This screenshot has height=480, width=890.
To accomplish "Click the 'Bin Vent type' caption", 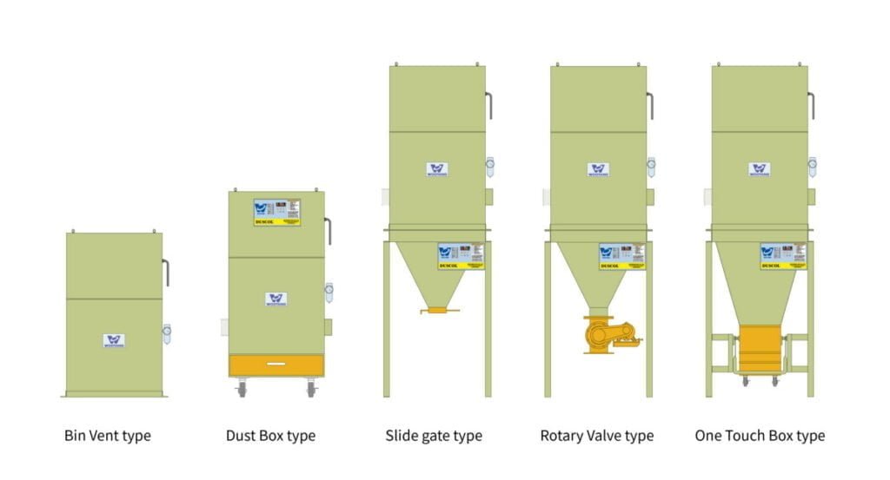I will [x=107, y=435].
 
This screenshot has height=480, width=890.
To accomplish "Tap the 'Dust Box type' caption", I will [x=270, y=435].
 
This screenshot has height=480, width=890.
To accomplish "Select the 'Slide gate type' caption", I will [x=434, y=435].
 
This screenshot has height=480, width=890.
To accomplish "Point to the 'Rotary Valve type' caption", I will [x=596, y=435].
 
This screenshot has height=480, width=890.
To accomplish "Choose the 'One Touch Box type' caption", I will [x=760, y=435].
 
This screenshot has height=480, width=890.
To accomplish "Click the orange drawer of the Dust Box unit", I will [x=276, y=365].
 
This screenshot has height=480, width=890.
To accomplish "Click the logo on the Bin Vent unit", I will [x=114, y=340].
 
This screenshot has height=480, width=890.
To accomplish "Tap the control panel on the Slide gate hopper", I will [x=461, y=255].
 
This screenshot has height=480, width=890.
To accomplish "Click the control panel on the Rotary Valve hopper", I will [x=622, y=255].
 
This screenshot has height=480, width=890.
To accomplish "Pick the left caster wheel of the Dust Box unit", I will [x=242, y=391].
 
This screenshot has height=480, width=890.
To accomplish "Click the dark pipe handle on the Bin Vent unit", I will [x=166, y=272].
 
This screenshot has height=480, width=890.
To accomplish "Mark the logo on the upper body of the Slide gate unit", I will [x=437, y=169].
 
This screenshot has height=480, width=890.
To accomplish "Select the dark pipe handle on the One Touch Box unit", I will [x=811, y=105].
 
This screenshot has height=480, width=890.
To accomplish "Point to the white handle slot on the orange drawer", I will [x=276, y=362].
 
